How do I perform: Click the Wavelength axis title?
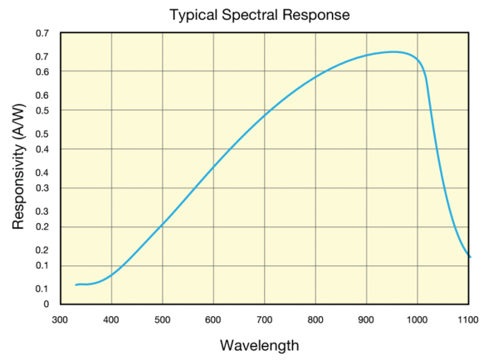point(260,344)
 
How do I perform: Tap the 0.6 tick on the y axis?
point(42,72)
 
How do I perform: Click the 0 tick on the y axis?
point(46,304)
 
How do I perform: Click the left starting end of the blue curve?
point(76,285)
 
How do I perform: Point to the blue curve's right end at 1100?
point(470,257)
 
